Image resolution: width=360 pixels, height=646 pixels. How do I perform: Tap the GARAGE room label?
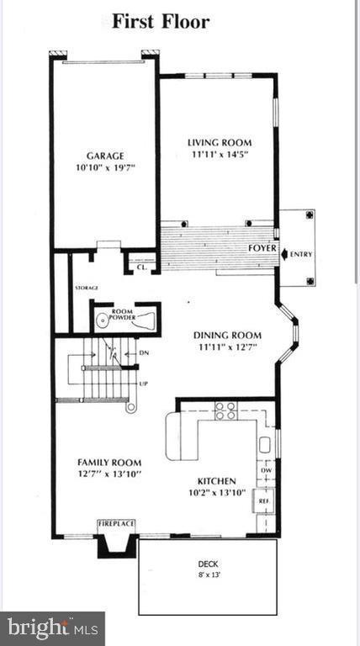point(104,156)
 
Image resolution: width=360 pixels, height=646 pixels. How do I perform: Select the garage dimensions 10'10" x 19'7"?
point(104,167)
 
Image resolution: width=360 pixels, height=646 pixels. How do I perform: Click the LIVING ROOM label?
point(219,142)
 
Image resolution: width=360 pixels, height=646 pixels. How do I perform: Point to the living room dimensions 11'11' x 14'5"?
point(219,154)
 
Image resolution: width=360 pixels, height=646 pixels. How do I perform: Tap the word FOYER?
point(261,249)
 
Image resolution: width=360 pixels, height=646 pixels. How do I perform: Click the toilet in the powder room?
point(103,320)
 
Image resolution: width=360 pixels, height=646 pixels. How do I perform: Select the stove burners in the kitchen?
point(225,410)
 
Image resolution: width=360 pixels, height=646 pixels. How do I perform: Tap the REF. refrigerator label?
point(263,500)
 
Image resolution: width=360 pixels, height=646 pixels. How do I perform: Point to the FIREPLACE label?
point(116,523)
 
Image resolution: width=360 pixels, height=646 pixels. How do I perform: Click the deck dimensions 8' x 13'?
point(208,575)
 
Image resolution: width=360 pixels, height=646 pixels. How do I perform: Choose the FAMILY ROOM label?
point(109,462)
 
